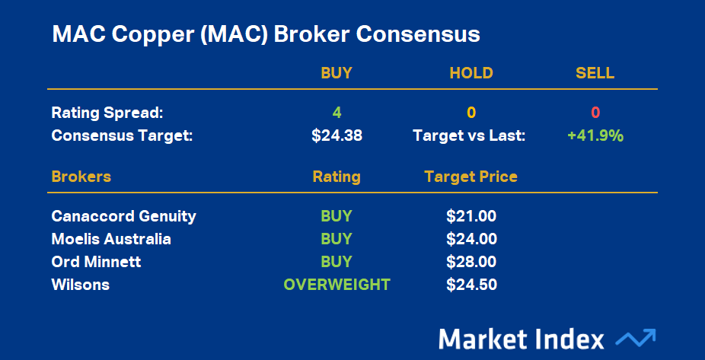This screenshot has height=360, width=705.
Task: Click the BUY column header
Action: (x=337, y=73)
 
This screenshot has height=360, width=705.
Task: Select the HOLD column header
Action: (x=471, y=73)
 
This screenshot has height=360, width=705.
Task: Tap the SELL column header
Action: (x=595, y=73)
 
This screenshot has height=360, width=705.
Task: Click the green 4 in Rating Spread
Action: (x=337, y=113)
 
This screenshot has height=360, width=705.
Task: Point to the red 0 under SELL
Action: (x=595, y=113)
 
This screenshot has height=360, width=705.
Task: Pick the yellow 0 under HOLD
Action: (x=471, y=113)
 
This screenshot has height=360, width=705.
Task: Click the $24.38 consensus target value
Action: (x=337, y=135)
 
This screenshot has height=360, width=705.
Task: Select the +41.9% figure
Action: (x=595, y=135)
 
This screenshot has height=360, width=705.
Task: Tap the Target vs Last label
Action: (x=469, y=135)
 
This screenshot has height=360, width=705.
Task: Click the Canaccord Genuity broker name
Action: (x=123, y=217)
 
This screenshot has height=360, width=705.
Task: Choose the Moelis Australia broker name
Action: (x=111, y=239)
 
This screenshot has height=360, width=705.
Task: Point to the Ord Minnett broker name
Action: (x=96, y=262)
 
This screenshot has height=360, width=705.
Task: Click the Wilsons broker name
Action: (x=81, y=285)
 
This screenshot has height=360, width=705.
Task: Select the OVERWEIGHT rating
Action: (x=337, y=285)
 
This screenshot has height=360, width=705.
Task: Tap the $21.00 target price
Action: (x=471, y=216)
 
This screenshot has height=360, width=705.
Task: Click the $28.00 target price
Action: (x=471, y=262)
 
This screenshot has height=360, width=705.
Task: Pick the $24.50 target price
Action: (x=471, y=285)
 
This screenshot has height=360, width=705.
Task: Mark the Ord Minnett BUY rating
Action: (x=337, y=262)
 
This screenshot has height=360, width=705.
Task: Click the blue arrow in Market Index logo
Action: (x=635, y=339)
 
